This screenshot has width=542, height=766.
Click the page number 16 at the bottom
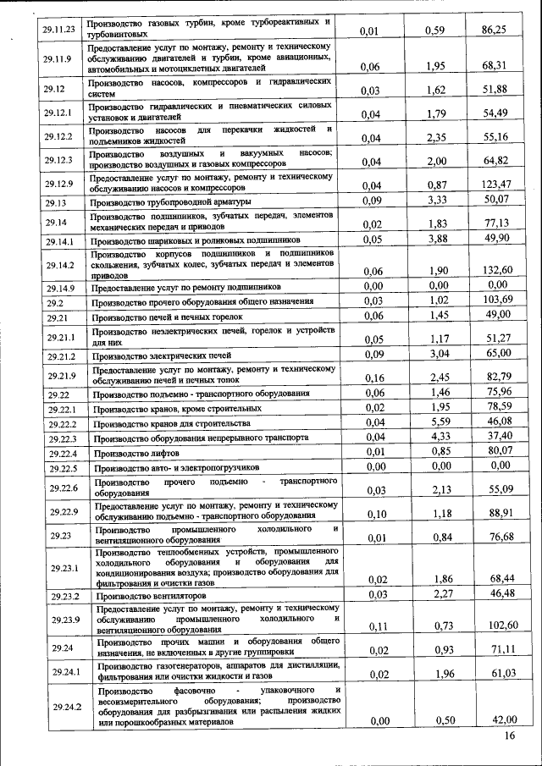pos(509,736)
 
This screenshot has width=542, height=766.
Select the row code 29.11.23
pos(58,30)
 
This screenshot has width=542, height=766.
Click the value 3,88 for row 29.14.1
pos(435,240)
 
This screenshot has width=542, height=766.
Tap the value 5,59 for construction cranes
pos(435,422)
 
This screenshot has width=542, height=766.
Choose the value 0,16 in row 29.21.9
pos(371,377)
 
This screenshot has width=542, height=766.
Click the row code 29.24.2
pos(65,707)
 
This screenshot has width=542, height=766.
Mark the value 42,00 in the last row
pos(499,719)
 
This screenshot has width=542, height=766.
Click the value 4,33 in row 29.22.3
pos(435,437)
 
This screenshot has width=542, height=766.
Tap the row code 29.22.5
pos(64,468)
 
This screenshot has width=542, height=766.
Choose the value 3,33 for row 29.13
pos(435,201)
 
